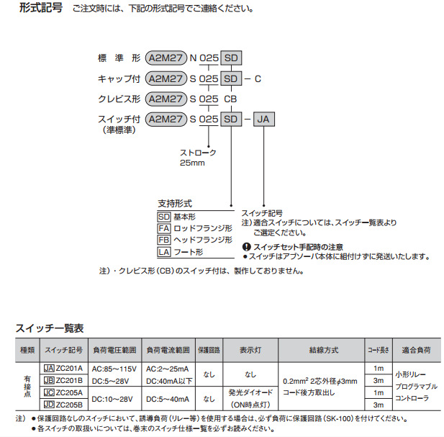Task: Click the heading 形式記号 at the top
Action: [41, 8]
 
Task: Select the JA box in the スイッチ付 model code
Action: [263, 119]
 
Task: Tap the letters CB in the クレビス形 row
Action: [230, 99]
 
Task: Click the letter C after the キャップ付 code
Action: [258, 78]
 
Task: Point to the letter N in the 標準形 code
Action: [193, 58]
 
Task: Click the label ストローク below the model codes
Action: [198, 153]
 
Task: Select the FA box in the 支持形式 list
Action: [164, 228]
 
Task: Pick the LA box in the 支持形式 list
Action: [164, 252]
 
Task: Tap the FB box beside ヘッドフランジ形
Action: [164, 240]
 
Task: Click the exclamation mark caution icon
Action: [247, 247]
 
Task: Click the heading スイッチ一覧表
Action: [50, 328]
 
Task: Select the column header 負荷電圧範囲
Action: [114, 350]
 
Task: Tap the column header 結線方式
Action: [324, 350]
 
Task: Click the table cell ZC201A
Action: [69, 368]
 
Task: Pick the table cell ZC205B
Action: [69, 405]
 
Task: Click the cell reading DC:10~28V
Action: [112, 399]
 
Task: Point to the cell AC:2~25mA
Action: [168, 369]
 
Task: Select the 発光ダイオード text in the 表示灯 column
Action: [250, 392]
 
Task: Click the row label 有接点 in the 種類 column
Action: [27, 387]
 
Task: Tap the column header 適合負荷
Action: [416, 350]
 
